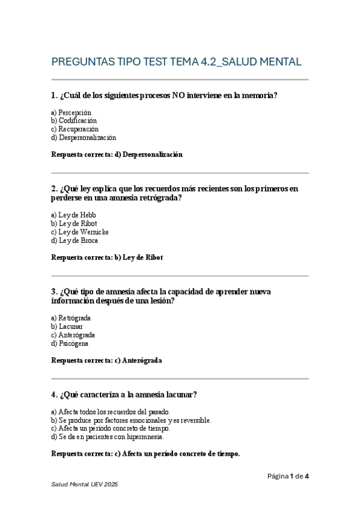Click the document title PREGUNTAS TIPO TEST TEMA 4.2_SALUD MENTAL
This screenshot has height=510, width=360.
pyautogui.click(x=176, y=62)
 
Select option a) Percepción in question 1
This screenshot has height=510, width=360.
pyautogui.click(x=71, y=112)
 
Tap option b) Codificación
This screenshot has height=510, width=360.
pyautogui.click(x=74, y=121)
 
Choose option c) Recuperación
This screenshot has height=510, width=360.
pyautogui.click(x=75, y=129)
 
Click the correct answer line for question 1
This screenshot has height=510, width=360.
pyautogui.click(x=117, y=155)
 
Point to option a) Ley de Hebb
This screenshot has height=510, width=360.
pyautogui.click(x=73, y=215)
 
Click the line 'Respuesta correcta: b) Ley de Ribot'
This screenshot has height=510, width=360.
pyautogui.click(x=107, y=257)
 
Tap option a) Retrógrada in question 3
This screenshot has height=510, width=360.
pyautogui.click(x=71, y=318)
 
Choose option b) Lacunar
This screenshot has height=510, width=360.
pyautogui.click(x=67, y=327)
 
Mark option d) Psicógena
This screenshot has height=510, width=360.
pyautogui.click(x=70, y=343)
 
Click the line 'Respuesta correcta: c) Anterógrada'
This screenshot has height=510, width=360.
pyautogui.click(x=106, y=361)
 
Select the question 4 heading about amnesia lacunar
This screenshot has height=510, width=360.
pyautogui.click(x=124, y=395)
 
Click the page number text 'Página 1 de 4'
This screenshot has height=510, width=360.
pyautogui.click(x=288, y=477)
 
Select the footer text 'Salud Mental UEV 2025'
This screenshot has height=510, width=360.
pyautogui.click(x=84, y=485)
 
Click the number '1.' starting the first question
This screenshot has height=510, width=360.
pyautogui.click(x=55, y=96)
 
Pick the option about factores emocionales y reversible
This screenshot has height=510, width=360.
pyautogui.click(x=131, y=420)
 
